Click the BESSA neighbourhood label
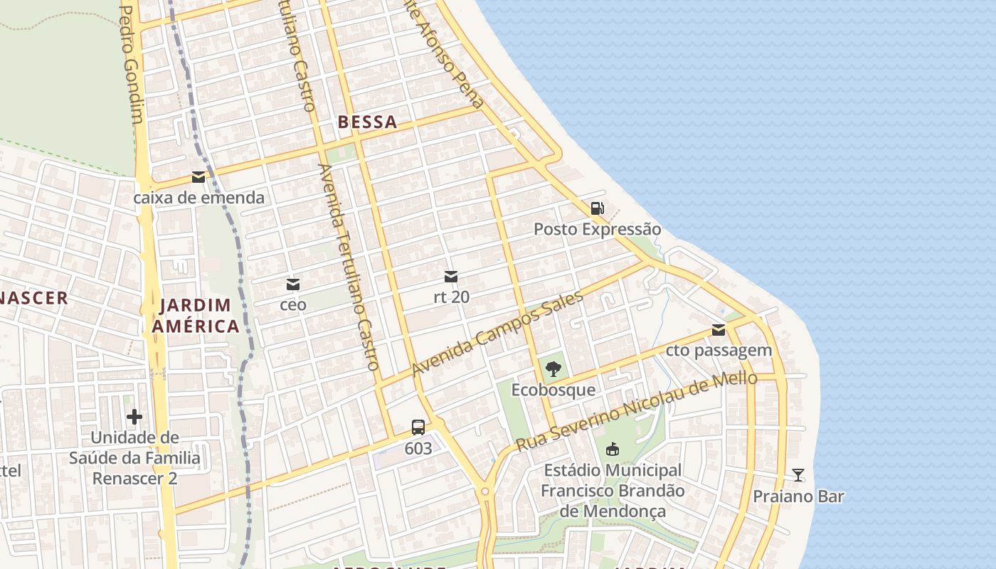coord(367,122)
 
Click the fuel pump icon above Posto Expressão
coord(597,208)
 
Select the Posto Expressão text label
coord(597,229)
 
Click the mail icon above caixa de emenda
coord(198,177)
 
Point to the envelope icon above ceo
coord(292,284)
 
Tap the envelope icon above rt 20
coord(451,276)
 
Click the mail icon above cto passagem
coord(719,330)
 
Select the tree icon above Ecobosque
coord(553,369)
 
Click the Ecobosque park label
coord(553,390)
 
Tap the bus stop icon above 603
coord(418,427)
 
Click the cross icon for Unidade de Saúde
coord(134,416)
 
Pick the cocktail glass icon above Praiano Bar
coord(798,475)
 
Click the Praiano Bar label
coord(798,496)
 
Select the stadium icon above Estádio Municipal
coord(612,449)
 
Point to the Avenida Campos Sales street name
coord(497,334)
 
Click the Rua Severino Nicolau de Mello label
coord(636,411)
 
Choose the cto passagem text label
coord(719,350)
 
